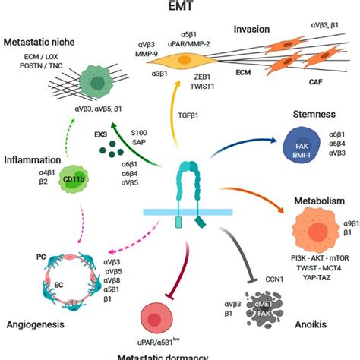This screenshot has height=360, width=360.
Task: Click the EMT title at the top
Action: (179, 7)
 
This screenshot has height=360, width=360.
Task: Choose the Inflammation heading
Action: (32, 160)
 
